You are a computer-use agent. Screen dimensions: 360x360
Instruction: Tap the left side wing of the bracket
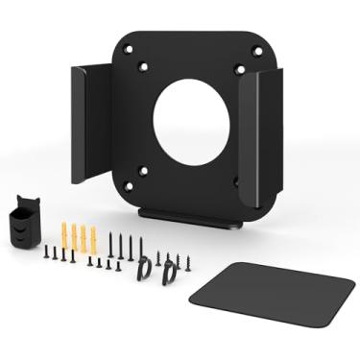pos(91,122)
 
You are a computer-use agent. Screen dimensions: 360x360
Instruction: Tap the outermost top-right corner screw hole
pos(257,51)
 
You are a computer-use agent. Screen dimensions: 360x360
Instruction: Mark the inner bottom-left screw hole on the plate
pos(143,171)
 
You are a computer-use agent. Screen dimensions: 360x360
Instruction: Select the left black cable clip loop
pos(144,273)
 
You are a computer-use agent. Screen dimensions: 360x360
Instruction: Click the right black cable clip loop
pos(169,273)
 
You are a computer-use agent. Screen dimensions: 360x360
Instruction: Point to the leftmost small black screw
pos(46,252)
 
